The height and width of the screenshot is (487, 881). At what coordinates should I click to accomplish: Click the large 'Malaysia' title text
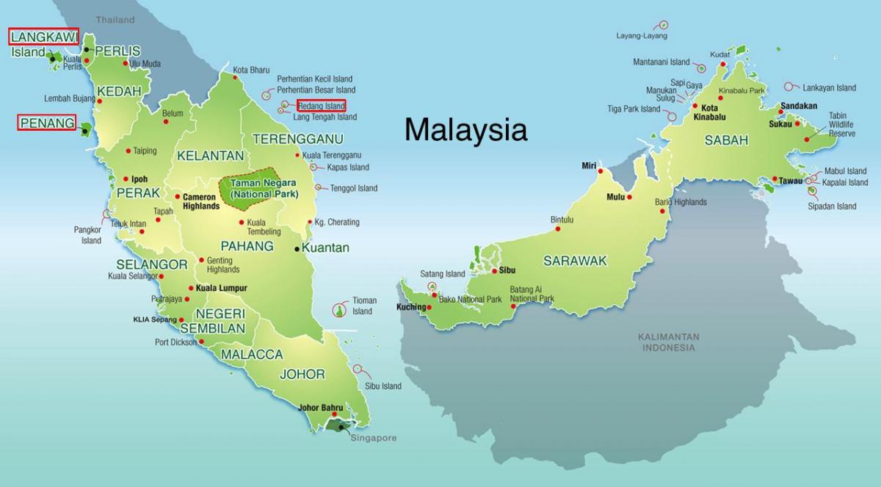(x=465, y=130)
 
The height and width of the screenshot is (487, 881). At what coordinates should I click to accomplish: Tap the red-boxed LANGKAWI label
(x=44, y=36)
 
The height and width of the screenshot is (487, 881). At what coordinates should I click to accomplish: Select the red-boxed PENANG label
(x=47, y=123)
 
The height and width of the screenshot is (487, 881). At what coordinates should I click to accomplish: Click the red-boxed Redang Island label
(x=321, y=106)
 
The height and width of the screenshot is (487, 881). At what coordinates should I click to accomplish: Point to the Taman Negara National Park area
(x=263, y=188)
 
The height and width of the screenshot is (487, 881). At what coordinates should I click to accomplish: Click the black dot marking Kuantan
(x=297, y=248)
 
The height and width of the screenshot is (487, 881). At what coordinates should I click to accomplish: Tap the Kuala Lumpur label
(x=221, y=288)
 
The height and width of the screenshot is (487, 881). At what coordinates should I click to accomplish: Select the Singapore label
(x=372, y=438)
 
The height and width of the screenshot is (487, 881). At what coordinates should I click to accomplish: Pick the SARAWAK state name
(x=575, y=260)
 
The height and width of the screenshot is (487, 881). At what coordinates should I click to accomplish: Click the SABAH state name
(x=726, y=140)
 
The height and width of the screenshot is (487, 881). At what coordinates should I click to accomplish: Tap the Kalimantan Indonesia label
(x=668, y=342)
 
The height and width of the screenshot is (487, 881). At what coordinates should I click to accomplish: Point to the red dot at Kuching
(x=429, y=307)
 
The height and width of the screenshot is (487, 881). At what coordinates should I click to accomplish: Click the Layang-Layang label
(x=642, y=36)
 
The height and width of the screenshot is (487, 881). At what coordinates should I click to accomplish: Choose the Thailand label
(x=115, y=20)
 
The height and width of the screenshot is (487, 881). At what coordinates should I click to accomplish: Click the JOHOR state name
(x=302, y=374)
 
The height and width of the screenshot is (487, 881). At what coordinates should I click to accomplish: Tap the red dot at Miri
(x=600, y=171)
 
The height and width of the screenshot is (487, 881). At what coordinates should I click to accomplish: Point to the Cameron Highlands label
(x=200, y=201)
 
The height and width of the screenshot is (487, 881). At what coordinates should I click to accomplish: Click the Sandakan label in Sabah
(x=799, y=106)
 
